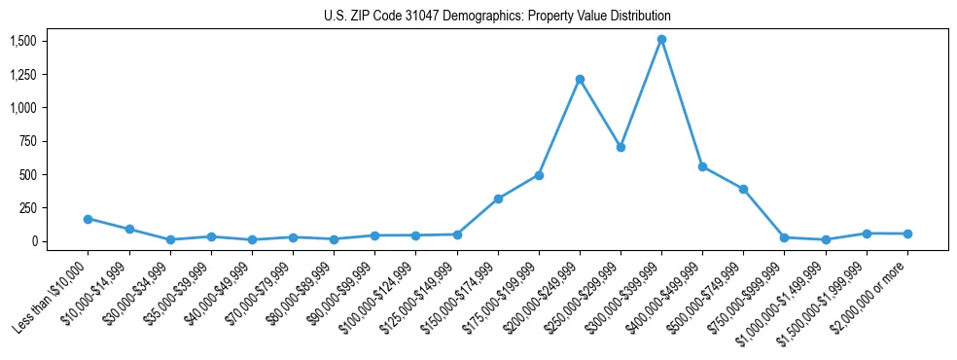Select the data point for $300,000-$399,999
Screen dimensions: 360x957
(x=661, y=40)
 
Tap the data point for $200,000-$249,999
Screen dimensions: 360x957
(x=580, y=79)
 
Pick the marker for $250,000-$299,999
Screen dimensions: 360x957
(x=620, y=147)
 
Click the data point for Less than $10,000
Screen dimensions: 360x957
(x=88, y=219)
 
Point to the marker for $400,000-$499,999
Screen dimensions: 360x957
(x=702, y=166)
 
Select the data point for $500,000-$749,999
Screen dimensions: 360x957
(x=743, y=189)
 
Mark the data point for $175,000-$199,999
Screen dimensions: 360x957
(x=539, y=175)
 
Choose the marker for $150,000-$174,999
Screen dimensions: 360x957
(x=498, y=198)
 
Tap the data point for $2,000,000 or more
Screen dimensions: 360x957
(x=907, y=234)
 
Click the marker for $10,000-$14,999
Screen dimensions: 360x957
(x=128, y=230)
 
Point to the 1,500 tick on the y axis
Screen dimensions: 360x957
(x=23, y=41)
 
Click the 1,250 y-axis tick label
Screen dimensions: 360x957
(x=23, y=74)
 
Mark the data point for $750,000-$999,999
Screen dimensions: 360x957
(x=784, y=237)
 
